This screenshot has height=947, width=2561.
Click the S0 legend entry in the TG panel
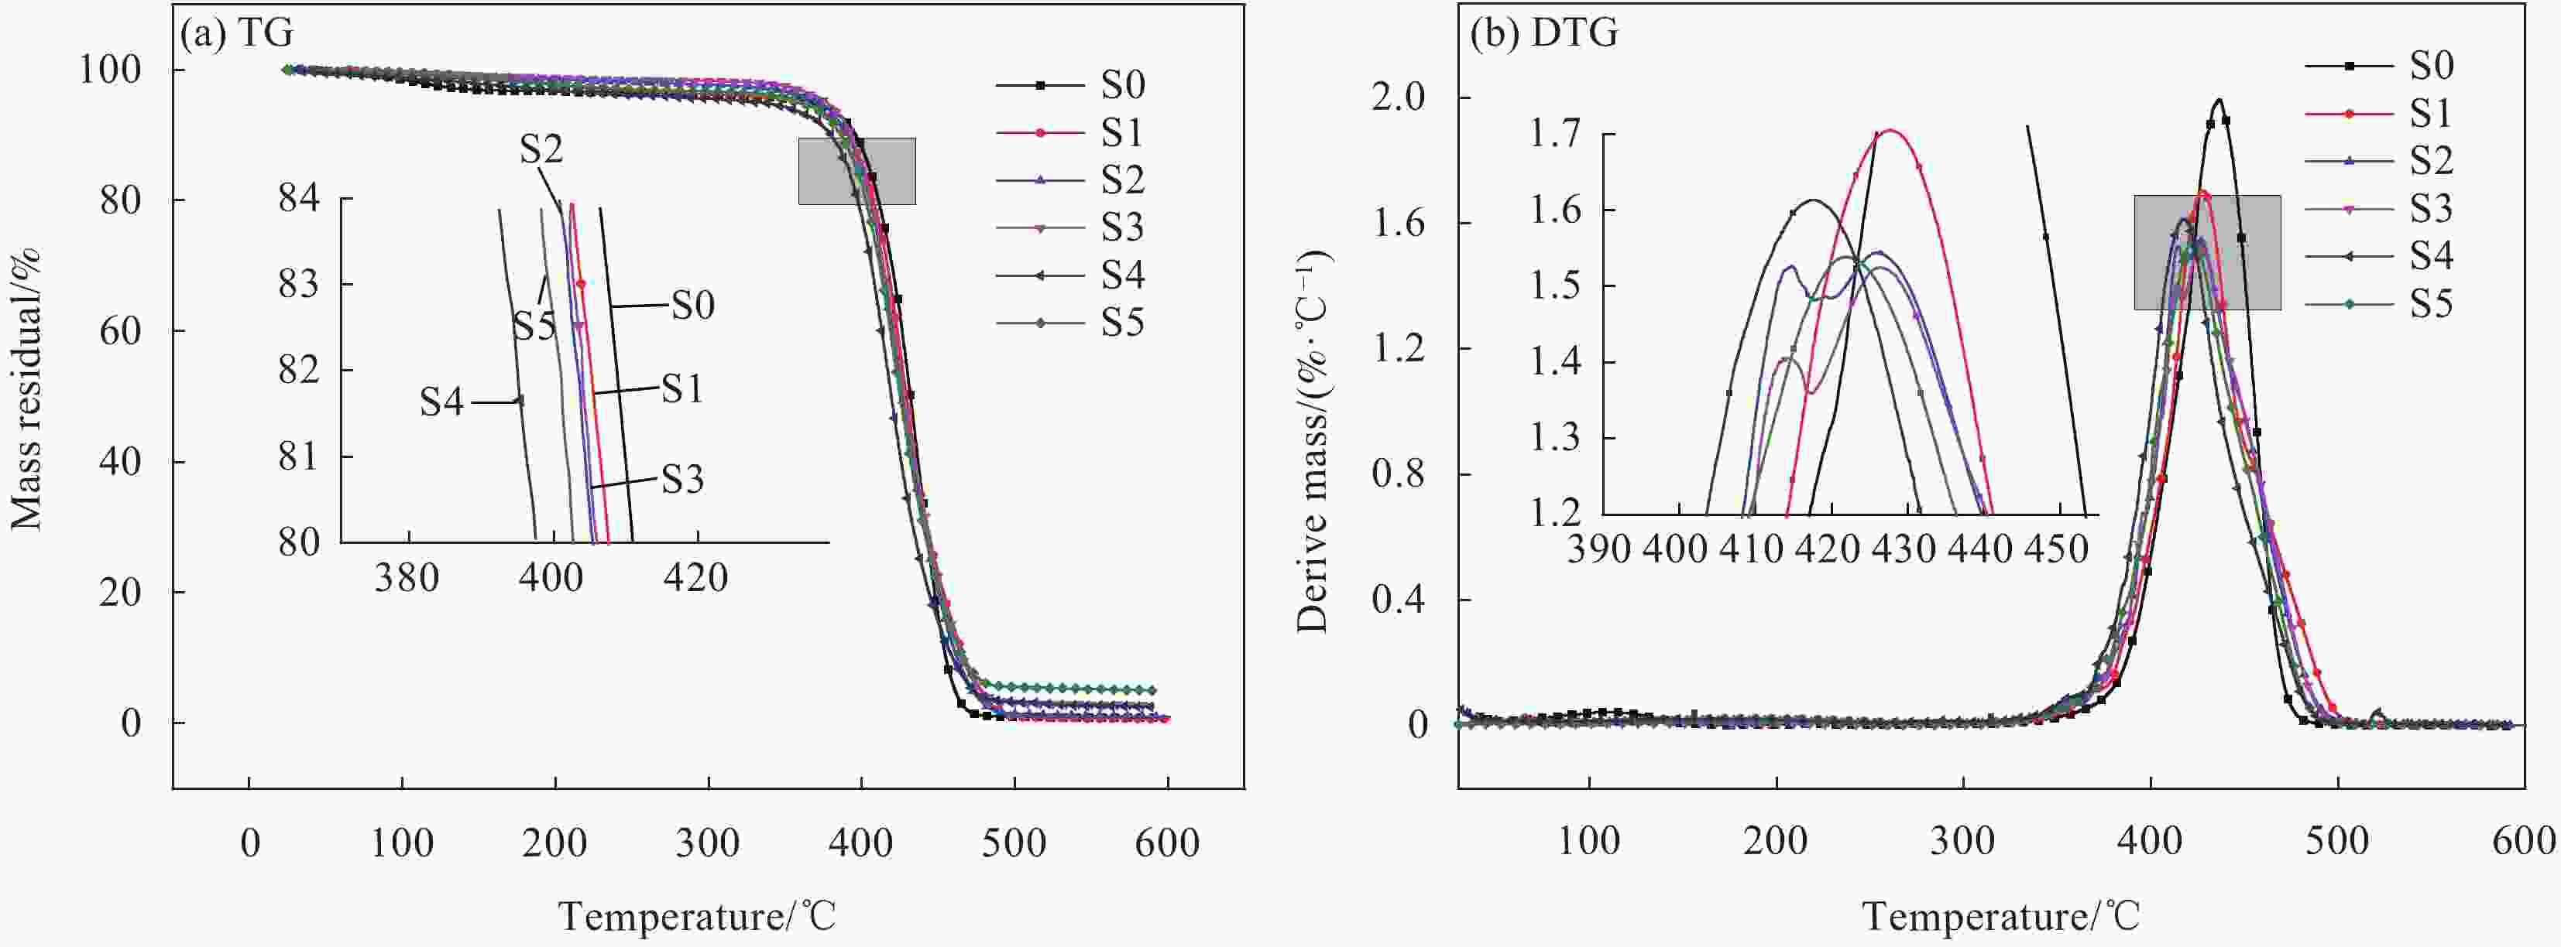click(x=1121, y=85)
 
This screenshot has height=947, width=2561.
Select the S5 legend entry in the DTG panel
click(x=2430, y=304)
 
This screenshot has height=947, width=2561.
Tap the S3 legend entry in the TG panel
click(x=1121, y=227)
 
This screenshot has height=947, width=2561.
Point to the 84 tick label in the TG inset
click(x=299, y=199)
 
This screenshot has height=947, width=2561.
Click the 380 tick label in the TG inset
click(x=407, y=576)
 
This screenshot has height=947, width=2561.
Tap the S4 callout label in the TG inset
click(x=441, y=402)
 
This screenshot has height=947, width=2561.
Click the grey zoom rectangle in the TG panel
click(x=857, y=171)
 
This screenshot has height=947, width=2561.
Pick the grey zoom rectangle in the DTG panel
click(x=2207, y=252)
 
